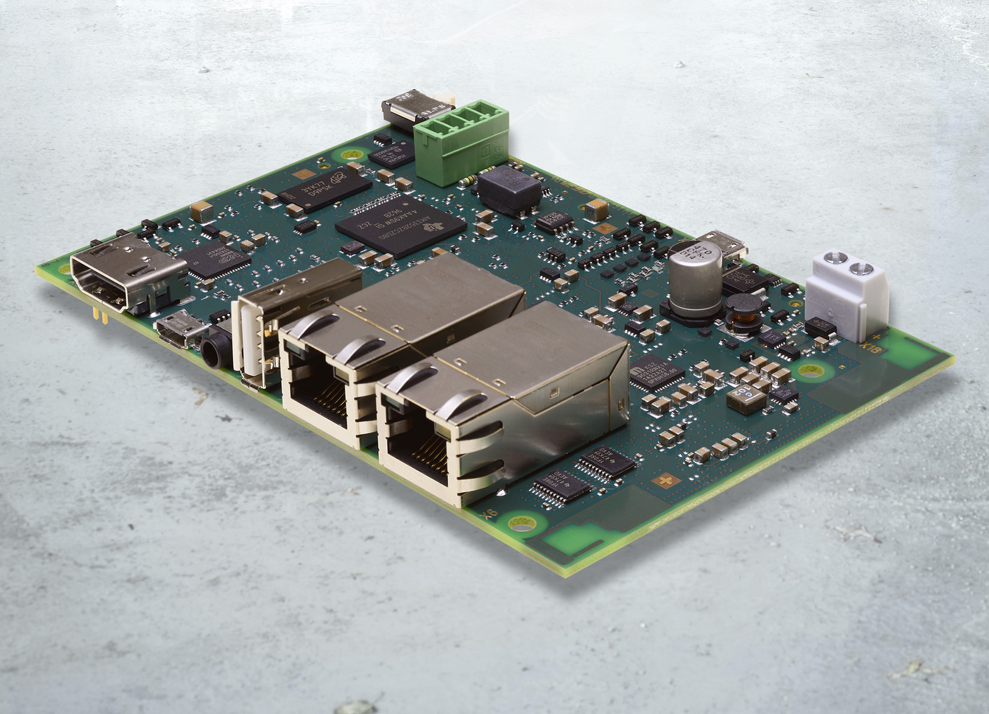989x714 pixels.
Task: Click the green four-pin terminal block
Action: (461, 142)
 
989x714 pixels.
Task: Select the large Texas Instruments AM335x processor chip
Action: (400, 224)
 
